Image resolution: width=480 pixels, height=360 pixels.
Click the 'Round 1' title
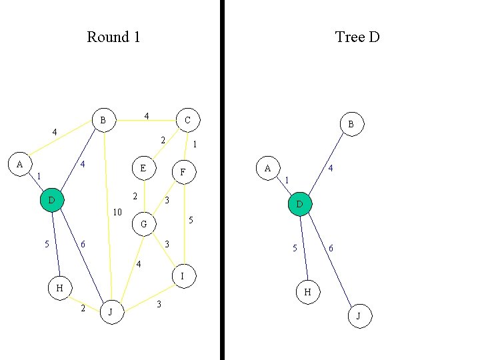click(113, 37)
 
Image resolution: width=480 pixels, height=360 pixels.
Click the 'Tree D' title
click(357, 37)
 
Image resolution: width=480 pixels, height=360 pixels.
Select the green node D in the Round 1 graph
click(51, 200)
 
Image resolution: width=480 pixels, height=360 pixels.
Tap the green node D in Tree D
click(300, 203)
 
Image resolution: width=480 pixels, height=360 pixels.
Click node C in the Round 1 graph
click(187, 120)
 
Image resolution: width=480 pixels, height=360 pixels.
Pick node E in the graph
click(143, 168)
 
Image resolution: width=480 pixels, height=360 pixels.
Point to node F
click(183, 172)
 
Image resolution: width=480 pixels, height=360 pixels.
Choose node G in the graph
click(143, 225)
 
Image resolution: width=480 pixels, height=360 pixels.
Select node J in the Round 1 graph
click(111, 311)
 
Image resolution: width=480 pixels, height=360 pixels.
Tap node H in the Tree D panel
click(307, 292)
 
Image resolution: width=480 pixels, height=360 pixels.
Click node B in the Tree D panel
click(351, 124)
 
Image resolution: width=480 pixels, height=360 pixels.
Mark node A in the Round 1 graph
click(19, 163)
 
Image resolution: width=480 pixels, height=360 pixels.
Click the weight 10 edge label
click(117, 213)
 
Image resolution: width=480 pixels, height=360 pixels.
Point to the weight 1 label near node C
click(194, 144)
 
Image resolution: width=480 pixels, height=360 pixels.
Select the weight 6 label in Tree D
click(331, 249)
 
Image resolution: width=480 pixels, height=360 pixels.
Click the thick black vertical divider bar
click(222, 180)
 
